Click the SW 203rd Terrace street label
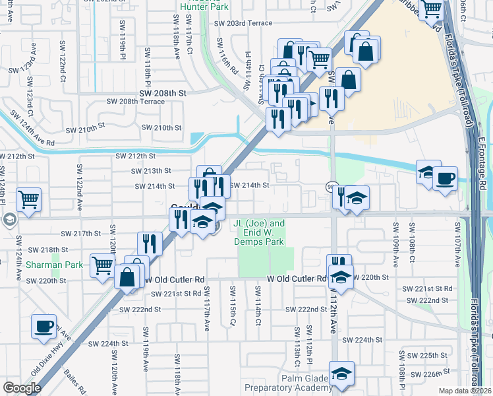[243, 23]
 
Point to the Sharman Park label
[55, 265]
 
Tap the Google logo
[22, 388]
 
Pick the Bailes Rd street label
[75, 382]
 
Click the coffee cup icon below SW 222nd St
[44, 326]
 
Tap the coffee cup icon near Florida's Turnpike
[445, 178]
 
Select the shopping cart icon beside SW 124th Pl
[28, 199]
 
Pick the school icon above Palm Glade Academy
[341, 373]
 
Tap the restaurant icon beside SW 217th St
[150, 244]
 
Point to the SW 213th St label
[153, 171]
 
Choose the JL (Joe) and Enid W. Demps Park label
[260, 232]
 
